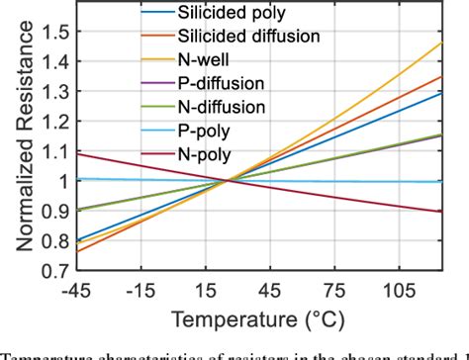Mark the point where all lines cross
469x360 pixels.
click(x=229, y=179)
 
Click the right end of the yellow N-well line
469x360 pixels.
click(x=441, y=43)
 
